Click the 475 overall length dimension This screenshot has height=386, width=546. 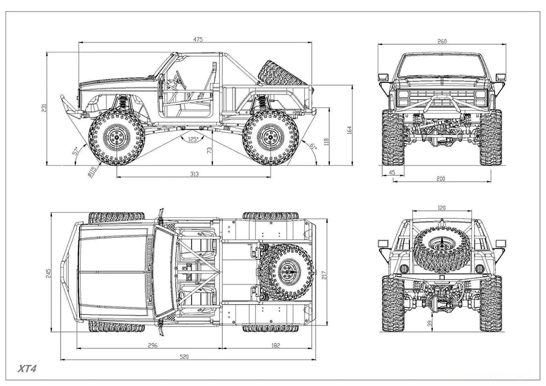pyautogui.click(x=198, y=39)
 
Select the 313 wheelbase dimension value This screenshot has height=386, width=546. pyautogui.click(x=194, y=174)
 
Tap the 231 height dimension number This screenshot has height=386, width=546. pyautogui.click(x=44, y=108)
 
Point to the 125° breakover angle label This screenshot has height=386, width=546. pyautogui.click(x=192, y=139)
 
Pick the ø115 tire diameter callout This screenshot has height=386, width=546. pyautogui.click(x=93, y=171)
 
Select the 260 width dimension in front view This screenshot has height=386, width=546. pyautogui.click(x=442, y=41)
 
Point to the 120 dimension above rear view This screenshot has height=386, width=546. pyautogui.click(x=442, y=208)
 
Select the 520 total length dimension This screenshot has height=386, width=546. pyautogui.click(x=184, y=357)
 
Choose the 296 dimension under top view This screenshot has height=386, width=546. pyautogui.click(x=152, y=345)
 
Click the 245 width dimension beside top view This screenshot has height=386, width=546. pyautogui.click(x=48, y=272)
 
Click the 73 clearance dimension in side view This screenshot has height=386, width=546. pyautogui.click(x=210, y=150)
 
